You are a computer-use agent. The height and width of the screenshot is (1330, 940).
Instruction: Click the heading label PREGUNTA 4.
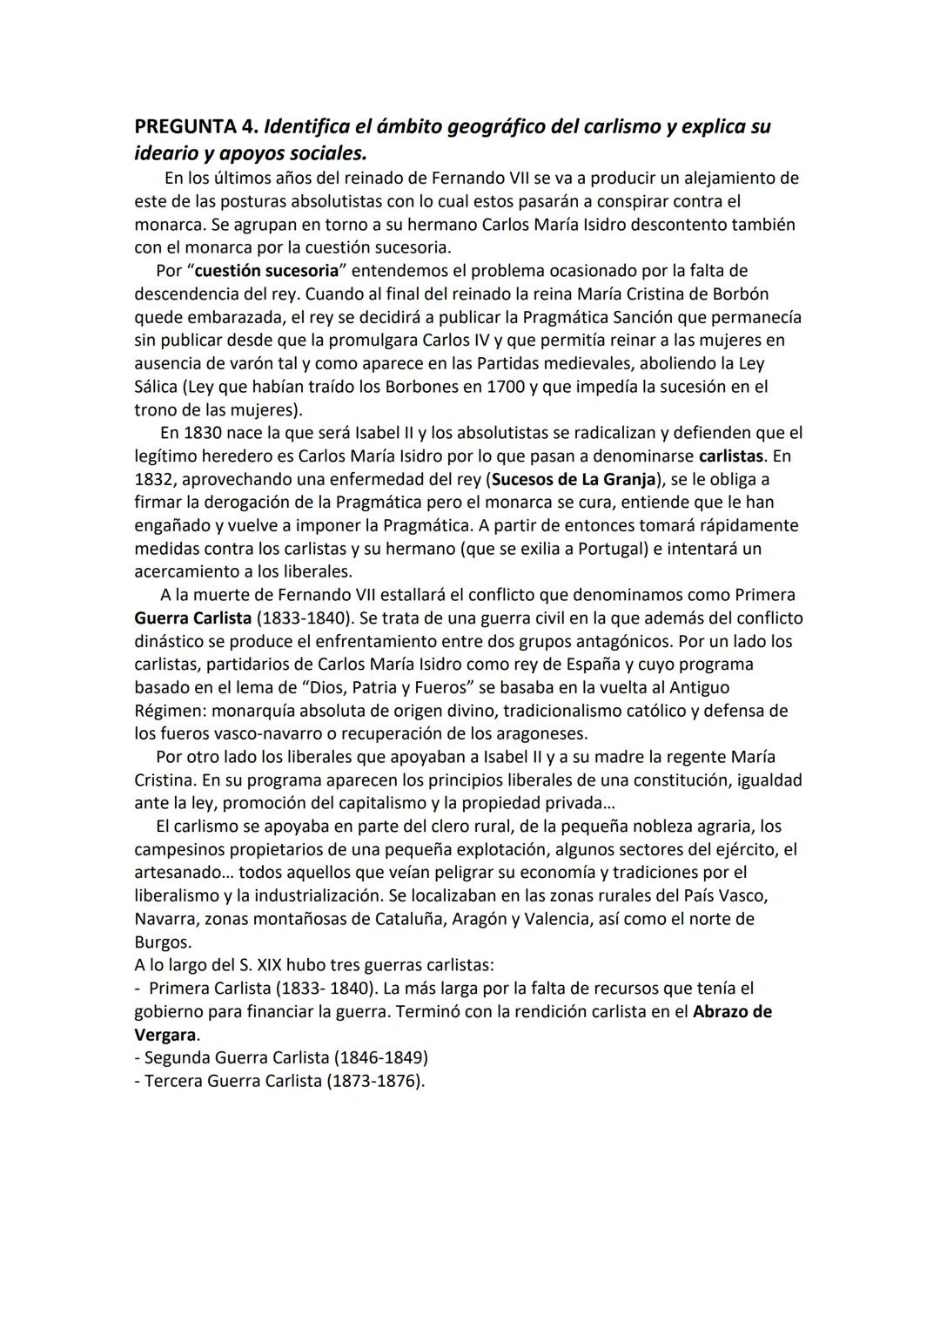196,126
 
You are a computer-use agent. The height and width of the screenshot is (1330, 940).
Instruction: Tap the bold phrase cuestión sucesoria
266,270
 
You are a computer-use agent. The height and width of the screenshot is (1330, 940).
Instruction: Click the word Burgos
162,942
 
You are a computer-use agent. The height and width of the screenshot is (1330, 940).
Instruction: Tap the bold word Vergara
164,1035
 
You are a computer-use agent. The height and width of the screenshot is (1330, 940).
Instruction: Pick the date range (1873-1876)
375,1081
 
